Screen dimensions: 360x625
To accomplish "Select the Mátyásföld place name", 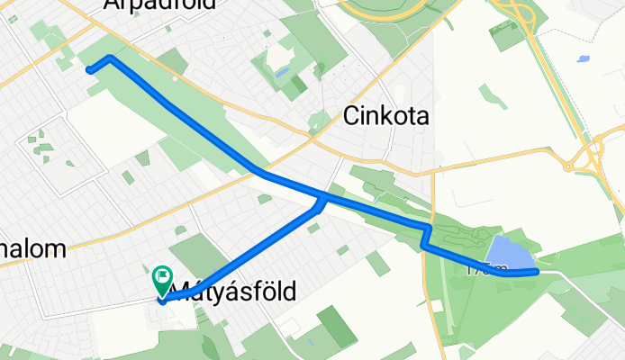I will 233,290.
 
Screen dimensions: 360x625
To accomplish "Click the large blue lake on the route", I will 512,254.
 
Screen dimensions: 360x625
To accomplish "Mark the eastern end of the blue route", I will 537,271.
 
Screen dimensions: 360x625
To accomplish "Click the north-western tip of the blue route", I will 88,69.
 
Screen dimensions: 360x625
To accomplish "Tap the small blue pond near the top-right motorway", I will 584,58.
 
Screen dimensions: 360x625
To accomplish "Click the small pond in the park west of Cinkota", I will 282,71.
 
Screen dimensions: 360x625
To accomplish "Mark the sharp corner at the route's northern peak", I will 110,58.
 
